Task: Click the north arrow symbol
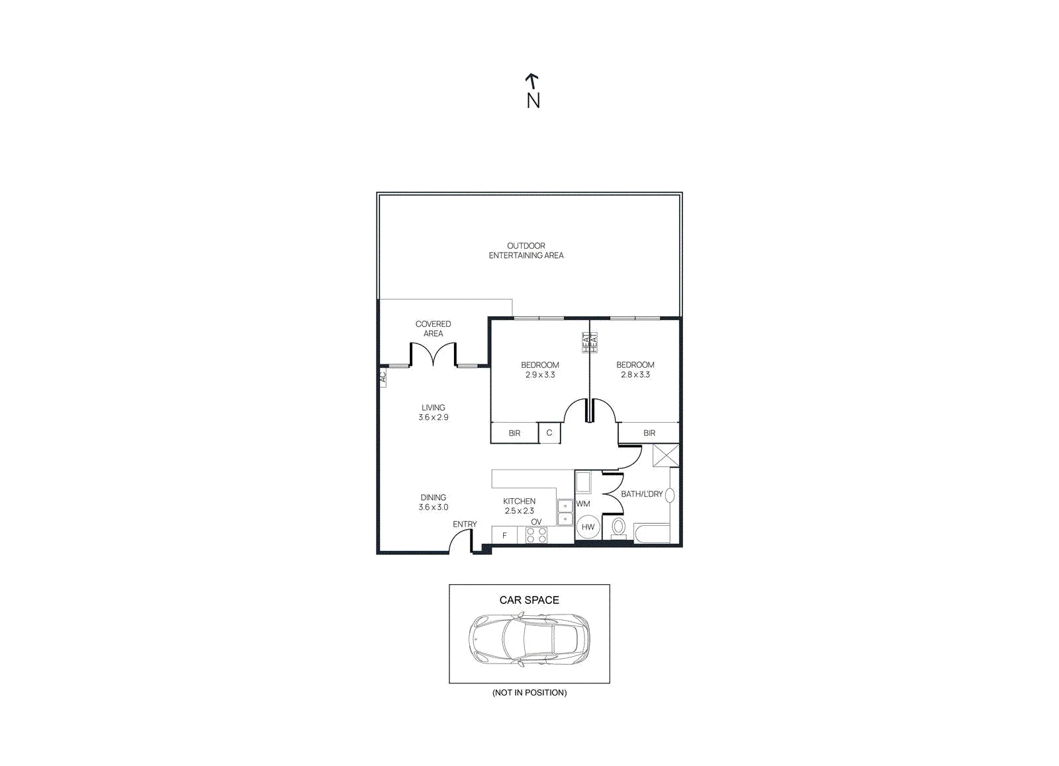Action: point(532,81)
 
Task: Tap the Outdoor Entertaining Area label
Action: point(526,251)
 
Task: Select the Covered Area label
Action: point(433,328)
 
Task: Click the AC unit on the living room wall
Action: point(383,377)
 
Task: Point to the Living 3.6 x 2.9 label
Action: point(433,412)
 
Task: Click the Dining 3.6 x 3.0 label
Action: point(433,502)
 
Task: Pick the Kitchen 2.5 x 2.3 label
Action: point(519,505)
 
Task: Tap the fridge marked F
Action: point(504,535)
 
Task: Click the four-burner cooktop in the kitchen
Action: point(537,535)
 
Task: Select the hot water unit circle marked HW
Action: point(588,527)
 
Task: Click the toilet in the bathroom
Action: point(618,528)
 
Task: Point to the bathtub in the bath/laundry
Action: point(651,533)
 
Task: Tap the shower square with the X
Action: point(666,456)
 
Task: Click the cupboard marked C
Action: point(549,433)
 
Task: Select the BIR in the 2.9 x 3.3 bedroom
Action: point(514,433)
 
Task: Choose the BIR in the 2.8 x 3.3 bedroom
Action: point(649,433)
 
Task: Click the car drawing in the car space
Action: point(529,640)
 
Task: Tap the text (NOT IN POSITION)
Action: point(529,693)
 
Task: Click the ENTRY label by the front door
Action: point(465,524)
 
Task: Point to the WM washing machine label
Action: point(583,504)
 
